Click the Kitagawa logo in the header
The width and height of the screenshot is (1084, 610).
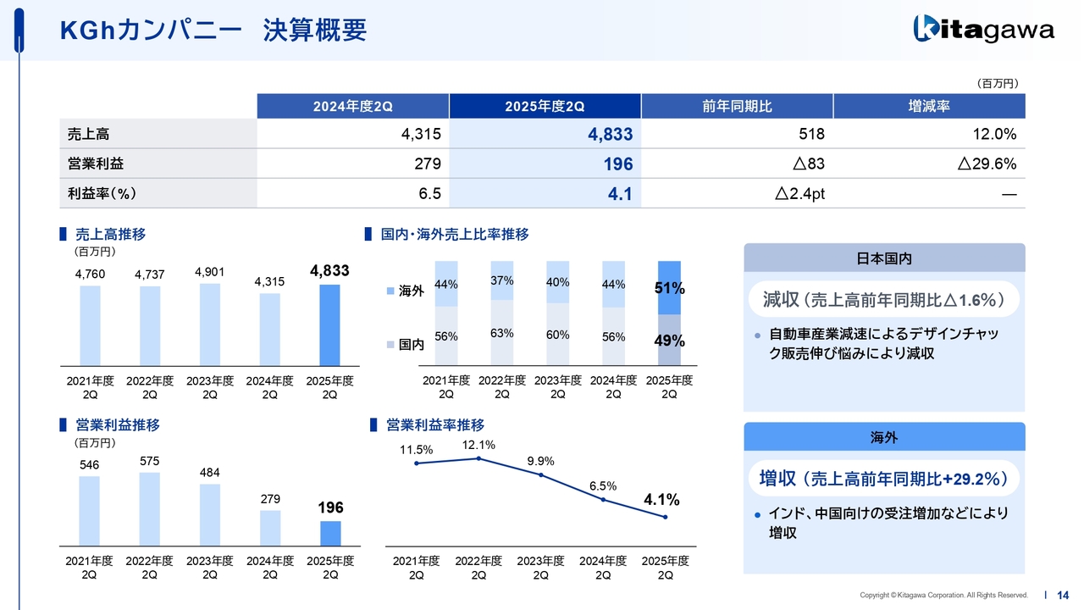click(983, 30)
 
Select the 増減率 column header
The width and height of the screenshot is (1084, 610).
click(928, 106)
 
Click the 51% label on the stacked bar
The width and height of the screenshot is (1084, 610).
click(669, 289)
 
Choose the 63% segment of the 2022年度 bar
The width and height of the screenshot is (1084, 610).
click(501, 334)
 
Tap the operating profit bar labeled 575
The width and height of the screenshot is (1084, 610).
click(149, 508)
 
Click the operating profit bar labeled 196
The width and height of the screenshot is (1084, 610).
click(329, 533)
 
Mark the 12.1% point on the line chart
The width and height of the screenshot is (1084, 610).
click(478, 458)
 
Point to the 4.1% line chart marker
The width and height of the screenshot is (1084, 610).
click(666, 517)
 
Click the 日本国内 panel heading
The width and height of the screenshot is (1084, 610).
click(883, 258)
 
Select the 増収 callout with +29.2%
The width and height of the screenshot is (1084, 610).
click(883, 478)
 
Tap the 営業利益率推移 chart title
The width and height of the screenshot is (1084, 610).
click(434, 425)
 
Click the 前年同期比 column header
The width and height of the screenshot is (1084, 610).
click(737, 106)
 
